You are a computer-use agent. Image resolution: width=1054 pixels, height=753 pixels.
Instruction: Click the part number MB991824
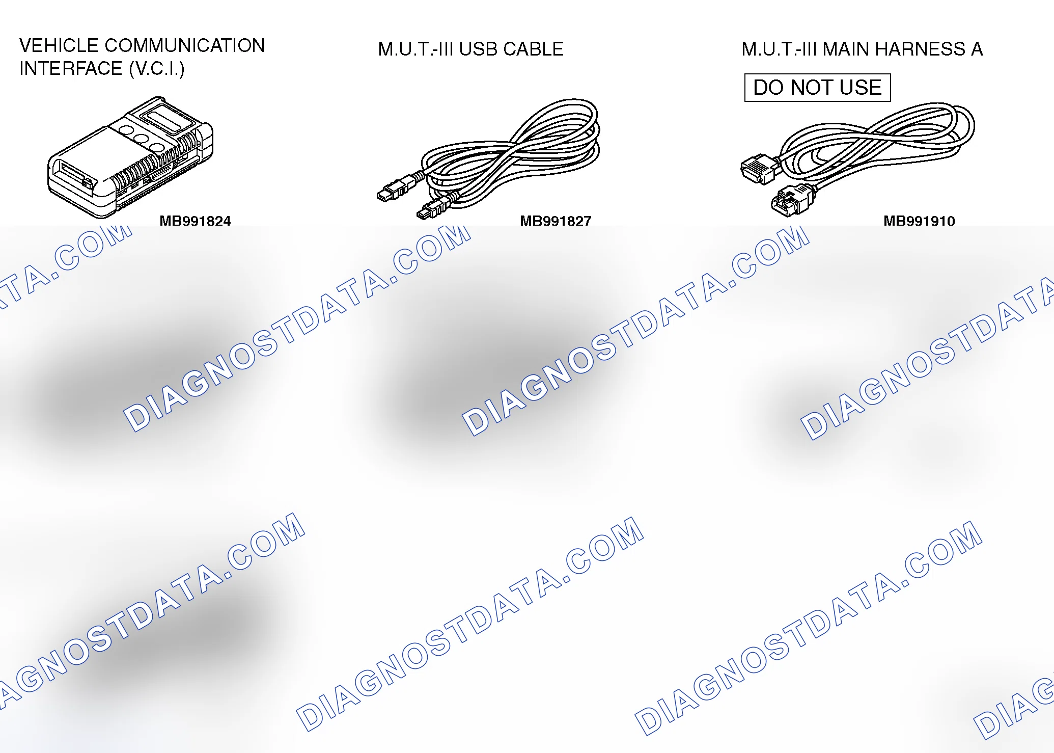(x=195, y=221)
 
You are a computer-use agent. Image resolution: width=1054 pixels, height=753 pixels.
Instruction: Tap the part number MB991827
(x=556, y=221)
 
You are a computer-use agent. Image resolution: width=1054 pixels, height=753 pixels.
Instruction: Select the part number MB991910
(x=919, y=221)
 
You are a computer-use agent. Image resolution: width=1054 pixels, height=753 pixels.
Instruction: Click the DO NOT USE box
(x=817, y=88)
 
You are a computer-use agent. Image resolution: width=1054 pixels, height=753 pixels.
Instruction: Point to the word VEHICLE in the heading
(x=59, y=46)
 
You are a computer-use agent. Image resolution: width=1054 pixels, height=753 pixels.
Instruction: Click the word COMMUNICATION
(x=184, y=46)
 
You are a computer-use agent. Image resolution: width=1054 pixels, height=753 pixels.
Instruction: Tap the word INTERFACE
(x=71, y=69)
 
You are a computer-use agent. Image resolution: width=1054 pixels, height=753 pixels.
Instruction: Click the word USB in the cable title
(x=478, y=49)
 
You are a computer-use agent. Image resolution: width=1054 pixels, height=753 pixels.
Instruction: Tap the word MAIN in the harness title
(x=846, y=49)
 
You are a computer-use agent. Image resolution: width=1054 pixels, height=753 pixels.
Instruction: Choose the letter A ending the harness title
(x=977, y=49)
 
